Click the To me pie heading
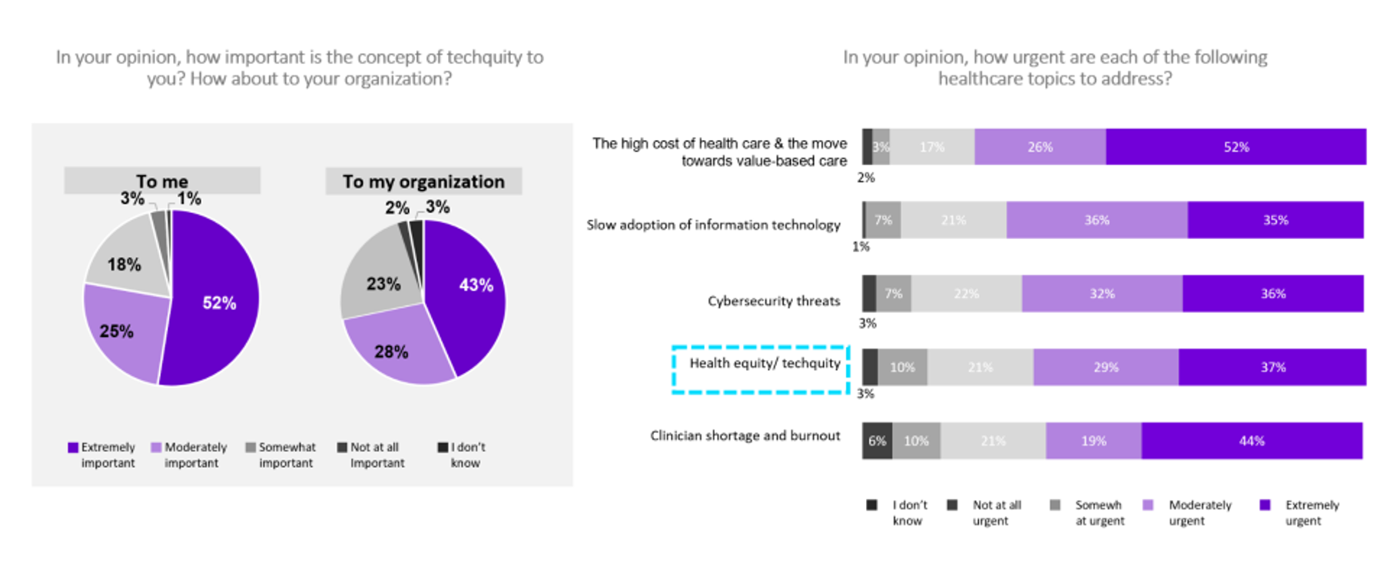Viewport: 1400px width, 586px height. [162, 181]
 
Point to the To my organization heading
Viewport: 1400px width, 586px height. [423, 181]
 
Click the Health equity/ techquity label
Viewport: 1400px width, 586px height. [765, 363]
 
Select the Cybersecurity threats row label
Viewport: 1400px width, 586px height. [773, 301]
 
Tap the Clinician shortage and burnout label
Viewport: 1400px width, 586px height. [745, 435]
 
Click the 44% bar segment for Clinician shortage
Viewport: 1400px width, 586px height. [1251, 441]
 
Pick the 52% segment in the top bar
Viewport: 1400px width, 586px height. [1236, 147]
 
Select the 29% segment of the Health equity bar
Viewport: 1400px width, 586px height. [1105, 368]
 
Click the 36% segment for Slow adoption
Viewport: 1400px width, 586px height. [1096, 220]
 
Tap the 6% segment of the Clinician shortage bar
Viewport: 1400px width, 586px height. [877, 441]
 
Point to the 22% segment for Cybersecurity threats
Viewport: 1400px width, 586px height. [966, 294]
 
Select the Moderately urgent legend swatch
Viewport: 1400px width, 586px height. [1148, 505]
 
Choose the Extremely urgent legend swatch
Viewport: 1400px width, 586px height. [1265, 505]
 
